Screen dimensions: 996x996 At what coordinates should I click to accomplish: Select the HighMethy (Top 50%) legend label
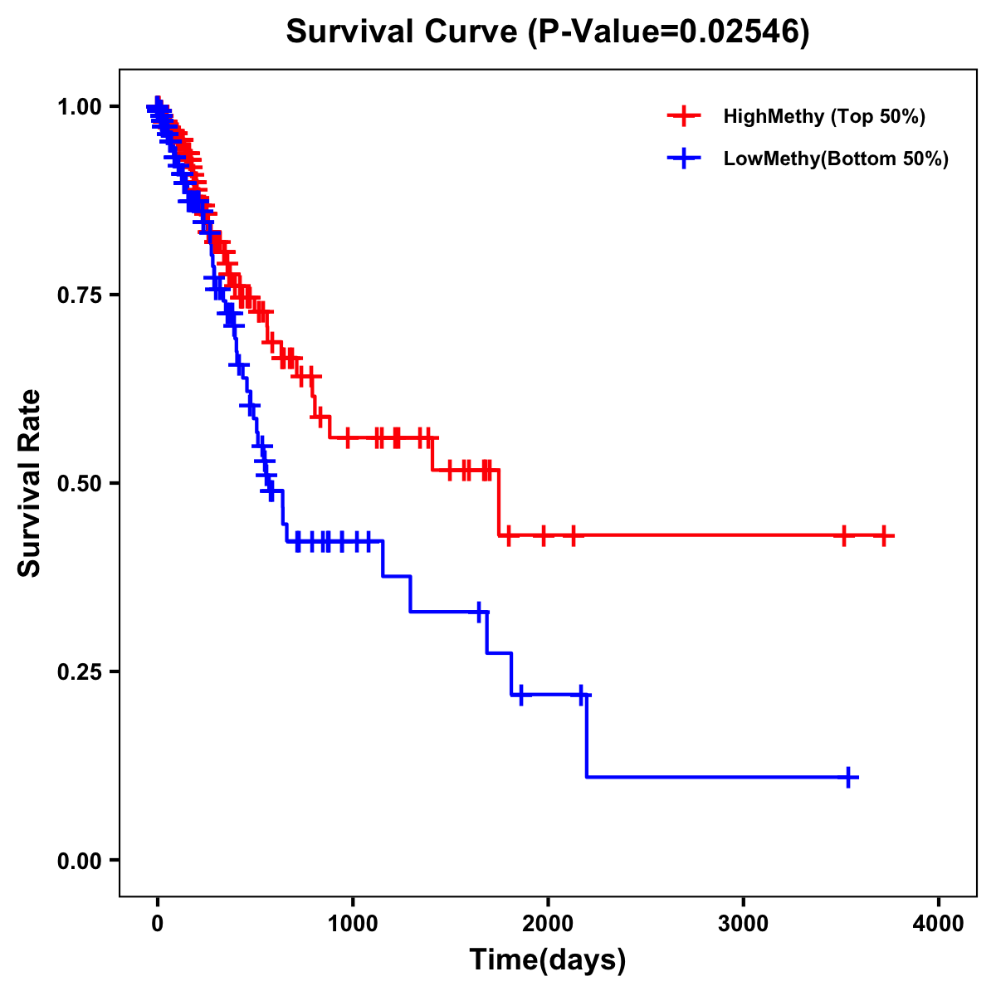[824, 116]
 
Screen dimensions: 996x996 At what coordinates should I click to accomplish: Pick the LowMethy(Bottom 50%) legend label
[836, 159]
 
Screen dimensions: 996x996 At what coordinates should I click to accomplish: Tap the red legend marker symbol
[683, 116]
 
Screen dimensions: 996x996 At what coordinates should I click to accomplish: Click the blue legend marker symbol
[683, 159]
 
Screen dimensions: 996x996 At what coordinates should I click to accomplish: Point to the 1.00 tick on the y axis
[79, 106]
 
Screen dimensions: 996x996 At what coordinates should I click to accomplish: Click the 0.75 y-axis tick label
[79, 295]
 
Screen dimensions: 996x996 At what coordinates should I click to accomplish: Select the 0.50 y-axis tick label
[79, 483]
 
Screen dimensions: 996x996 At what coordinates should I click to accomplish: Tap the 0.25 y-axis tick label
[79, 671]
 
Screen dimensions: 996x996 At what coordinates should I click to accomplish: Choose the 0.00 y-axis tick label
[79, 860]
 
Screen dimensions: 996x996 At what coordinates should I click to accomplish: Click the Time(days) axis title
[548, 960]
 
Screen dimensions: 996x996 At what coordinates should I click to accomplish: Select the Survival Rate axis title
[30, 483]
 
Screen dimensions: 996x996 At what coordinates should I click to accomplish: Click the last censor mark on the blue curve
[848, 777]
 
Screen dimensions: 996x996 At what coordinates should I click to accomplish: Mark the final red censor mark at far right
[884, 535]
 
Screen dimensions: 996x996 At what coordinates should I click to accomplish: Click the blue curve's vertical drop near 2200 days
[586, 736]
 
